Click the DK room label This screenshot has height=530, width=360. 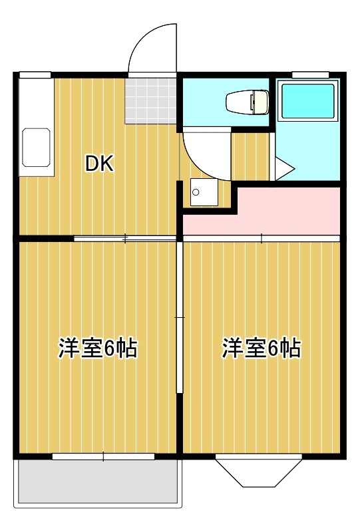pos(99,164)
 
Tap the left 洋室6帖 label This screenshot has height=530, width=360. pos(98,348)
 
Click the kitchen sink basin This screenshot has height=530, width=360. pos(37,147)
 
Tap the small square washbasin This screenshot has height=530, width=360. pos(199,192)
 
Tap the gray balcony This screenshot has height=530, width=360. pos(98,481)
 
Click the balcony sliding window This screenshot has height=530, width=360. pos(103,456)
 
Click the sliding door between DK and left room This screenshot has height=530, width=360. pos(125,237)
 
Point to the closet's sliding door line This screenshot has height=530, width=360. pos(261,237)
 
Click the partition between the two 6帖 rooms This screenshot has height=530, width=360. pos(180,319)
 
